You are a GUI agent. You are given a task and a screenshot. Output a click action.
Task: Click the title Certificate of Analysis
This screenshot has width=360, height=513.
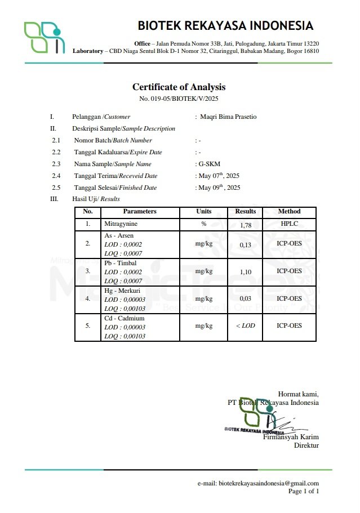click(x=179, y=87)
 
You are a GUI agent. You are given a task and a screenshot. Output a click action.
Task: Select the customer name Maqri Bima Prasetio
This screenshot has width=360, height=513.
click(x=228, y=117)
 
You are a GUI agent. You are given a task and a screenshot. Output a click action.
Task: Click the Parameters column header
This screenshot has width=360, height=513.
click(x=140, y=212)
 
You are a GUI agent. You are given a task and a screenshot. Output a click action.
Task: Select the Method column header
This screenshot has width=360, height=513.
click(x=289, y=212)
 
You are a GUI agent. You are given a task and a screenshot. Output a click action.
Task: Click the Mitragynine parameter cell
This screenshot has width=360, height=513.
click(x=121, y=224)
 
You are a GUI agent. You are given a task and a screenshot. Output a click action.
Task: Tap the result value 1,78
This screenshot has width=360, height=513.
click(x=245, y=225)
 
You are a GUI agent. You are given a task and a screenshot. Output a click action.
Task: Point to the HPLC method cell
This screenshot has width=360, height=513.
click(x=289, y=224)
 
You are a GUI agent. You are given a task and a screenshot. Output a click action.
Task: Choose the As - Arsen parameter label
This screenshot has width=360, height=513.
click(x=119, y=235)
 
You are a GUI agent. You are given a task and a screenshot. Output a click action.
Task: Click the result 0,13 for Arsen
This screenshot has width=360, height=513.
click(x=245, y=245)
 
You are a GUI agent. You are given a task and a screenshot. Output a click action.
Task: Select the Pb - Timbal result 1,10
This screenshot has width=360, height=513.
click(x=245, y=272)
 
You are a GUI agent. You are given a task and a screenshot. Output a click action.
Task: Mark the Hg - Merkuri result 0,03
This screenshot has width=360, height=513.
click(x=245, y=299)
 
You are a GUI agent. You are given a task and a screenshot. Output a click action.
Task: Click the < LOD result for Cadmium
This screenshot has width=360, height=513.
click(x=245, y=326)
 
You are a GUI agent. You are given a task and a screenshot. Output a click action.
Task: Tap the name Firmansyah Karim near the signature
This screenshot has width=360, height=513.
click(x=291, y=437)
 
